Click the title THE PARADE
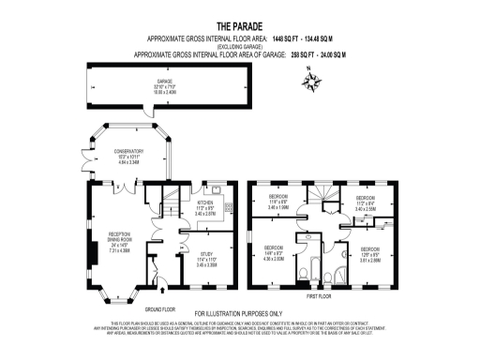point(239,26)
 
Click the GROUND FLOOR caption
point(160,308)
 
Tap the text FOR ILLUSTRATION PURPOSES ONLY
point(239,313)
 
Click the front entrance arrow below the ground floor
point(160,294)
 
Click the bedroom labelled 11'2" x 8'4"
point(365,203)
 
